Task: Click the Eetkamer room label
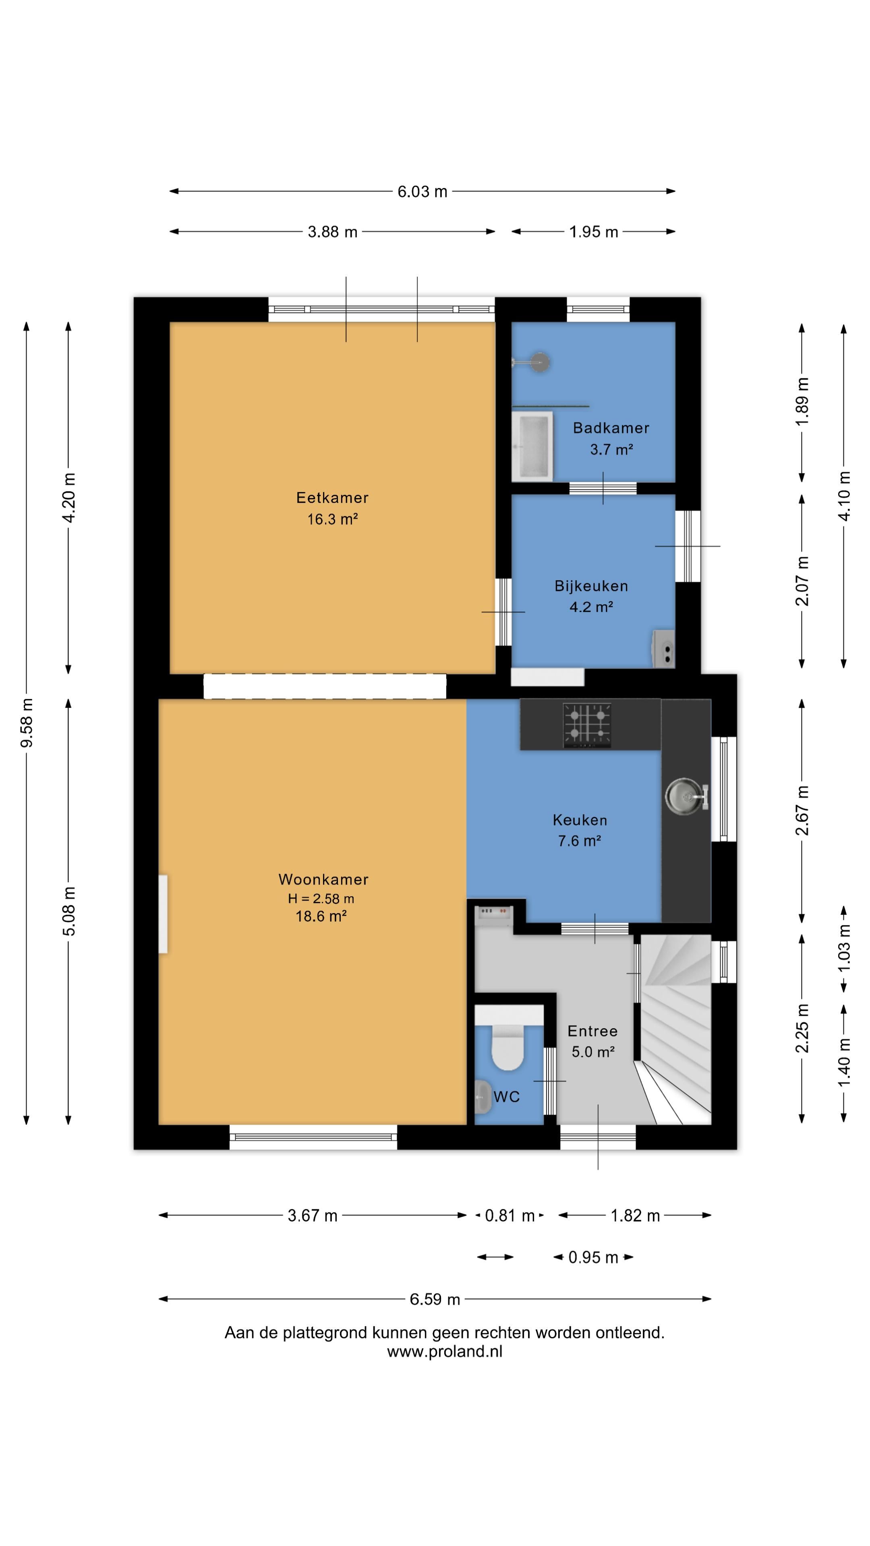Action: (332, 498)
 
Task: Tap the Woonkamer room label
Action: (323, 879)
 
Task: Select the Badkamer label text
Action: (611, 428)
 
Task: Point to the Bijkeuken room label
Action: (591, 586)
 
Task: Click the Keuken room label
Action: (580, 820)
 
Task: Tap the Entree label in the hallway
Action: (592, 1031)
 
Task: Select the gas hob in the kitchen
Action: (586, 725)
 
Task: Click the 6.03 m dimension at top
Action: (422, 192)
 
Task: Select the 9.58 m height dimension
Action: (27, 723)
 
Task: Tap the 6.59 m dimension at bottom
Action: (435, 1299)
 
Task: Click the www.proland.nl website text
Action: (444, 1352)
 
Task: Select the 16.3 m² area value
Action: (333, 519)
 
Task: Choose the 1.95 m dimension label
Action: (593, 231)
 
